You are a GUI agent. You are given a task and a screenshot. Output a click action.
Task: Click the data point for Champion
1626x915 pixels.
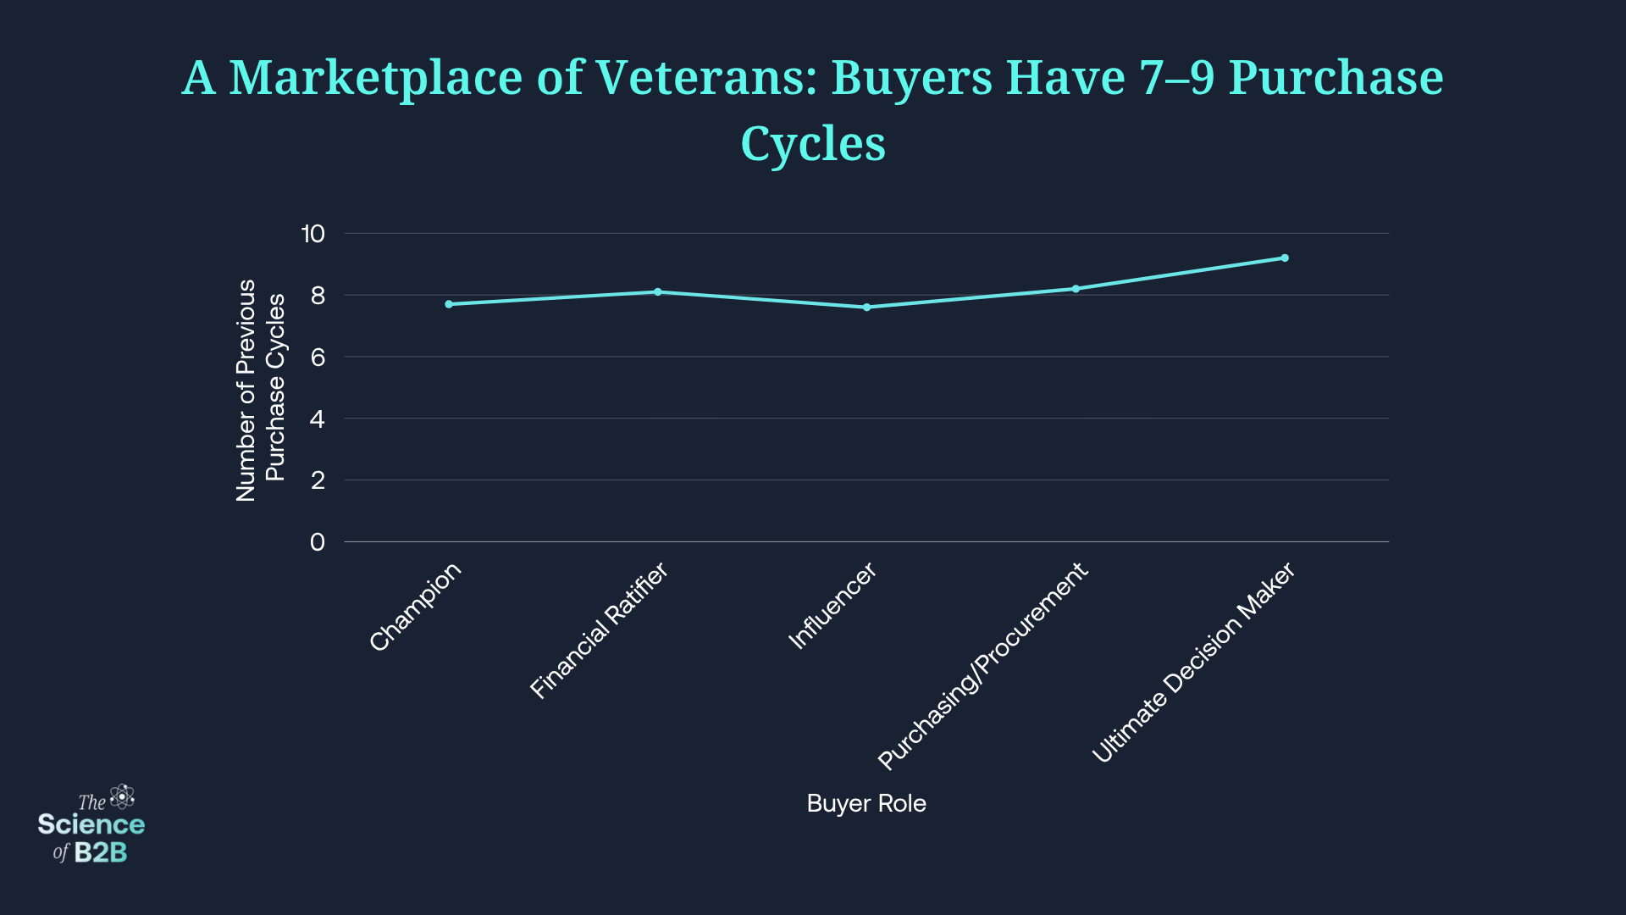click(449, 304)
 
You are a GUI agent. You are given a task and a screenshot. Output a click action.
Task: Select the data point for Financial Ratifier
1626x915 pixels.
click(658, 292)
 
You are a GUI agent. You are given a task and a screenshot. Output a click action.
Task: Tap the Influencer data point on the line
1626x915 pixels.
click(866, 308)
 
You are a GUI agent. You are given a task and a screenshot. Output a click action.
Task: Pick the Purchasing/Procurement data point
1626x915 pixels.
click(1076, 289)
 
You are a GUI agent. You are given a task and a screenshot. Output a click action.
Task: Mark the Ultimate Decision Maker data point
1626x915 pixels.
click(1285, 258)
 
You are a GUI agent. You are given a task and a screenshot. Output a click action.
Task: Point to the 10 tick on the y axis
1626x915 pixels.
click(312, 234)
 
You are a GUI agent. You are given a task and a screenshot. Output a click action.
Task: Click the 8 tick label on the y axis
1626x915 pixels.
click(318, 296)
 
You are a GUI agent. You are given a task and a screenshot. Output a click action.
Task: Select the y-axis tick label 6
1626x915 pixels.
click(318, 358)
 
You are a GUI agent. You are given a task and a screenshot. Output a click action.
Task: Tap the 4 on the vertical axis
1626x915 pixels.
click(318, 419)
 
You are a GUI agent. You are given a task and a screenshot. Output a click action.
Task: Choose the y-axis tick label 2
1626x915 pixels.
click(318, 480)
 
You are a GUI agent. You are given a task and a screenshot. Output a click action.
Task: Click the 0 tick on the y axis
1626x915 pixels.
click(318, 542)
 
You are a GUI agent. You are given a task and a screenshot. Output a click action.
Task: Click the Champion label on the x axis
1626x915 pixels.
click(416, 607)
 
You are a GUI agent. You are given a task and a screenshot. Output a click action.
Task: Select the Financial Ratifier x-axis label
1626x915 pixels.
click(599, 631)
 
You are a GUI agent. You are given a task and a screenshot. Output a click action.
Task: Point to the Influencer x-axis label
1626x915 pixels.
click(832, 607)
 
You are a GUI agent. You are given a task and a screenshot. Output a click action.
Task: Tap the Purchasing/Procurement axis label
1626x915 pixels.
click(982, 667)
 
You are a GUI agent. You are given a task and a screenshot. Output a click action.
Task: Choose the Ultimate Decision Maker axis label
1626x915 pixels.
click(1193, 663)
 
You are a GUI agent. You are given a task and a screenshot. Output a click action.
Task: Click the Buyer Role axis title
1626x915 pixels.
click(866, 803)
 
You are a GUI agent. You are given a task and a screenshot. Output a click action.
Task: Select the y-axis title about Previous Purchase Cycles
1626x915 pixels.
click(261, 390)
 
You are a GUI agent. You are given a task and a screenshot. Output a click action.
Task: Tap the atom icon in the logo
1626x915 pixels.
click(123, 796)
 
